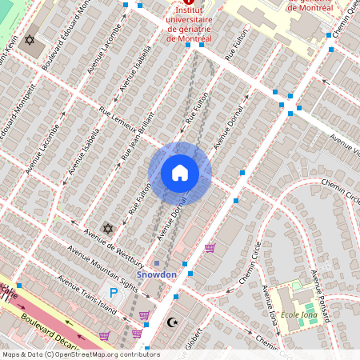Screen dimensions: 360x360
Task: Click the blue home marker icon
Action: (180, 173)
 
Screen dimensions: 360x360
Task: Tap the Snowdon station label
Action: (156, 274)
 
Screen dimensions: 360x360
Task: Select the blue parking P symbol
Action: (114, 294)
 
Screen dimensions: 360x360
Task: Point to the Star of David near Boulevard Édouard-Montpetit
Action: (31, 39)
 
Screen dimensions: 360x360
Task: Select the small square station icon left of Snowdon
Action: (158, 263)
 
